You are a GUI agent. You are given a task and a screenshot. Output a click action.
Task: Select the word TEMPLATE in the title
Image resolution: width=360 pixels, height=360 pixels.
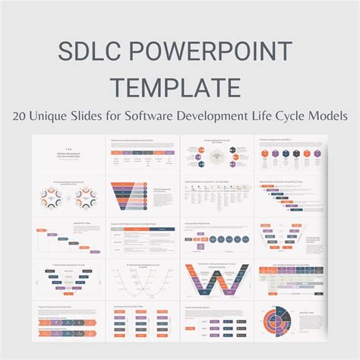(x=179, y=87)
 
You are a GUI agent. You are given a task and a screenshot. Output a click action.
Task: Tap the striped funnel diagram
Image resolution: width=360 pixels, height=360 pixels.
(x=128, y=197)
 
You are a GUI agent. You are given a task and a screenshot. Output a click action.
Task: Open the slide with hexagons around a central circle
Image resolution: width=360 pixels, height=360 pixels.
(x=218, y=155)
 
